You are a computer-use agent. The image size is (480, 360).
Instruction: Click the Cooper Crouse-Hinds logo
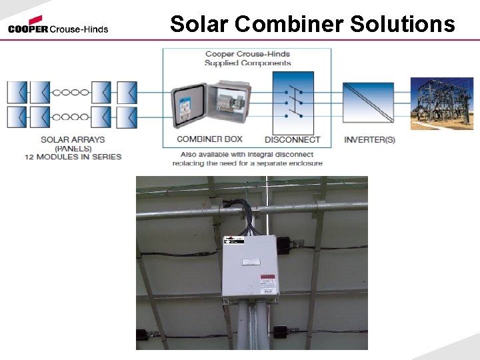click(x=58, y=25)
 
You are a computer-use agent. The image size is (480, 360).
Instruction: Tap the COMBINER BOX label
click(x=209, y=139)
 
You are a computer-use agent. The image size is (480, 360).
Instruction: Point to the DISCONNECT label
click(x=292, y=140)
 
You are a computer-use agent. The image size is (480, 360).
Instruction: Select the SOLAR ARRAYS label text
click(x=73, y=140)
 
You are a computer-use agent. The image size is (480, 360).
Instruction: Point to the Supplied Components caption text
click(x=247, y=63)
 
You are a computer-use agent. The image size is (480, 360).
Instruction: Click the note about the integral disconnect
click(x=247, y=159)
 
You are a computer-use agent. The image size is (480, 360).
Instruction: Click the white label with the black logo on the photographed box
click(x=234, y=239)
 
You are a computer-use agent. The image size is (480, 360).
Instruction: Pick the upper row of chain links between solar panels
click(x=71, y=92)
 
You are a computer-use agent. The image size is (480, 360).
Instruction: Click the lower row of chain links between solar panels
click(x=71, y=117)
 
